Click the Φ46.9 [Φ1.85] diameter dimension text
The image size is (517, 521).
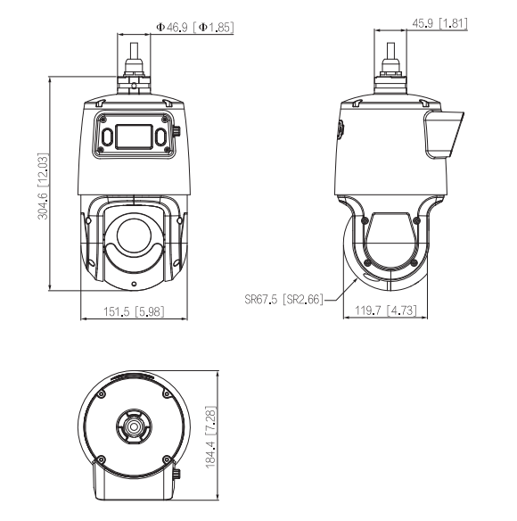click(x=195, y=27)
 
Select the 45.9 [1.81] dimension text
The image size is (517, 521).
click(x=439, y=23)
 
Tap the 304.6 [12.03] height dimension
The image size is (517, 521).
click(x=43, y=186)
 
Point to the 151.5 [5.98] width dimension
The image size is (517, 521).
click(x=134, y=311)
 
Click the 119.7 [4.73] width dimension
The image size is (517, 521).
click(x=385, y=310)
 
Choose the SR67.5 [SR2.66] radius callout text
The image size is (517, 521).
click(x=283, y=300)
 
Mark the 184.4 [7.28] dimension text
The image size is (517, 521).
click(x=211, y=437)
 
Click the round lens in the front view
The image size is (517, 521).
click(x=134, y=236)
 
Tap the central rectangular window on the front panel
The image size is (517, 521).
click(x=134, y=136)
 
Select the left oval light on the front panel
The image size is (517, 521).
click(x=107, y=136)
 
